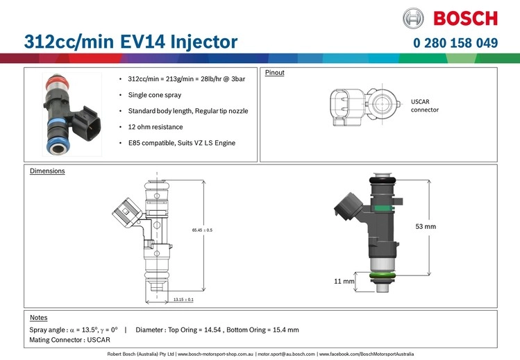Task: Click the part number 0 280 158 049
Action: pos(455,43)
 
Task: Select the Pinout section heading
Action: pos(276,72)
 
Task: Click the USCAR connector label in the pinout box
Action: pos(425,105)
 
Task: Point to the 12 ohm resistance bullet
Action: pos(156,127)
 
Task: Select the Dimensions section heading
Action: pos(47,171)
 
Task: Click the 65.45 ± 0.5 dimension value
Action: pos(202,230)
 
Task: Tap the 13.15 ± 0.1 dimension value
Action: pos(183,299)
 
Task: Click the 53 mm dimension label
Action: pos(425,226)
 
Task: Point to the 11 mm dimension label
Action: pos(344,282)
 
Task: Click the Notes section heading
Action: pos(39,317)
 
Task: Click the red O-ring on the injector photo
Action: pos(56,81)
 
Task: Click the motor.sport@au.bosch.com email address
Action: pos(286,354)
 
